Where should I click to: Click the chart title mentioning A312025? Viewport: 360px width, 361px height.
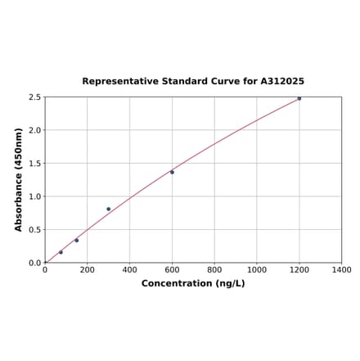(x=193, y=82)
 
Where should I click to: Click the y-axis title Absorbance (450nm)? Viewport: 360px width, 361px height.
(x=19, y=179)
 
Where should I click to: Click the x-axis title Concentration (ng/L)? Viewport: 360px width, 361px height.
(x=193, y=283)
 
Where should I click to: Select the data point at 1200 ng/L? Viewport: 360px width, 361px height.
(x=299, y=98)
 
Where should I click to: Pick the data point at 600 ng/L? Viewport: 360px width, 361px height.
(x=172, y=172)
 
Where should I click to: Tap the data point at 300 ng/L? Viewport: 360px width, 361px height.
(x=108, y=209)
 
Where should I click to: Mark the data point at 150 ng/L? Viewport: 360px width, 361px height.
(x=77, y=241)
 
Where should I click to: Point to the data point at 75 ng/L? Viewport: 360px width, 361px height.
(x=61, y=252)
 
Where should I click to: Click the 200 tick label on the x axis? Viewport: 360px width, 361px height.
(x=88, y=269)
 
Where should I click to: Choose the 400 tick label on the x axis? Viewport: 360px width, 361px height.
(x=130, y=269)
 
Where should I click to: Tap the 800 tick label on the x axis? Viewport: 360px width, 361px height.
(x=214, y=269)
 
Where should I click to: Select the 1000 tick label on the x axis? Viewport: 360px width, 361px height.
(x=257, y=269)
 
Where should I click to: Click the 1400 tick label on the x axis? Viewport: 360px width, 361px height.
(x=342, y=269)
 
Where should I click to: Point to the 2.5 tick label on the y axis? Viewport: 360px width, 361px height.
(x=34, y=97)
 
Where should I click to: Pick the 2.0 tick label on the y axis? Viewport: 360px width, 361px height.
(x=34, y=130)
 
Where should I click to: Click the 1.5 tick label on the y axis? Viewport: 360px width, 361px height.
(x=34, y=164)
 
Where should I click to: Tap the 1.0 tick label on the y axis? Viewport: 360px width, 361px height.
(x=34, y=196)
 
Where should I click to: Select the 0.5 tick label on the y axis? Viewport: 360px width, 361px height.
(x=34, y=230)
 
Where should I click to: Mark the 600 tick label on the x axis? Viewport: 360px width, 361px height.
(x=172, y=269)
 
